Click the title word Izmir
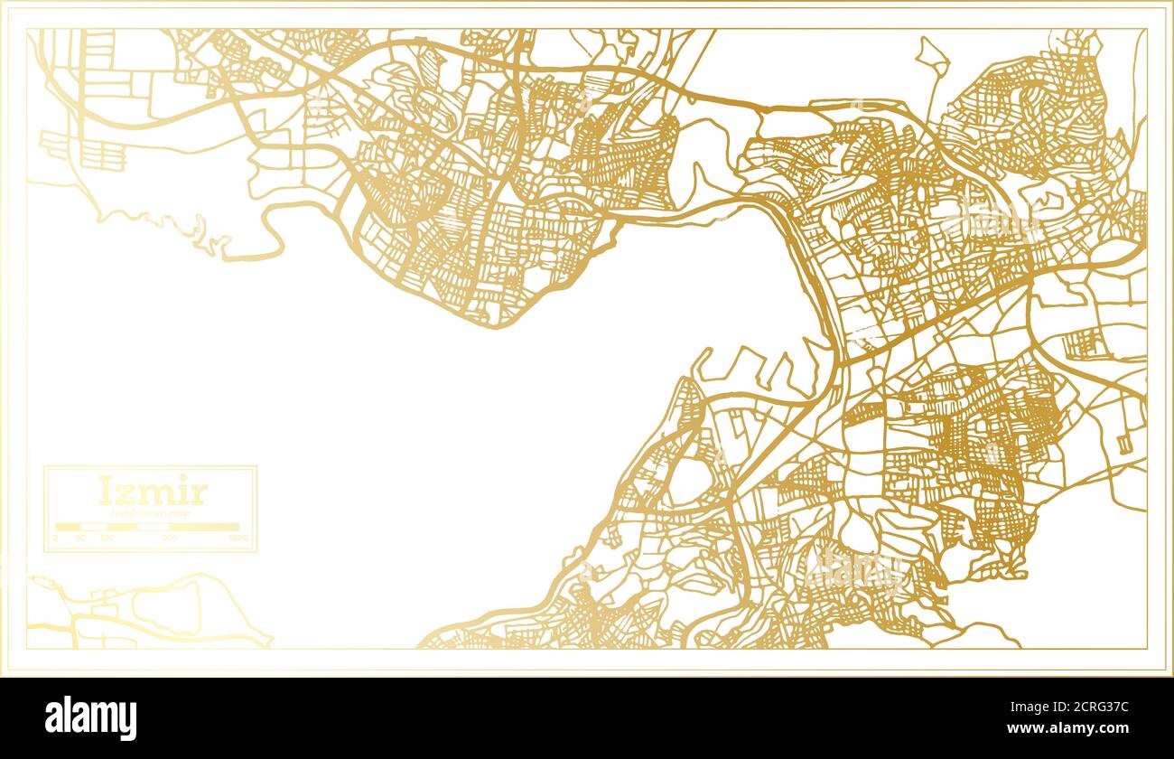(x=152, y=492)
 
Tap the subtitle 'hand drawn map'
(x=151, y=513)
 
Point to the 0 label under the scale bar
(x=55, y=539)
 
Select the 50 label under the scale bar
(x=80, y=539)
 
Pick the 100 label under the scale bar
(x=107, y=539)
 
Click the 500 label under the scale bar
(x=170, y=539)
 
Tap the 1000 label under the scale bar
(x=238, y=539)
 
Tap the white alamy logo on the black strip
(x=90, y=718)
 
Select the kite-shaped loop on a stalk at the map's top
(x=932, y=58)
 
